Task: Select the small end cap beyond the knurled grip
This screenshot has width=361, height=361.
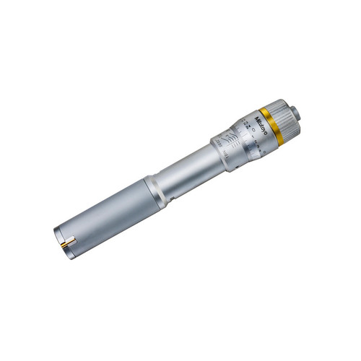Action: point(295,114)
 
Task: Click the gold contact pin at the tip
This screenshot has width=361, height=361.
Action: point(65,245)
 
